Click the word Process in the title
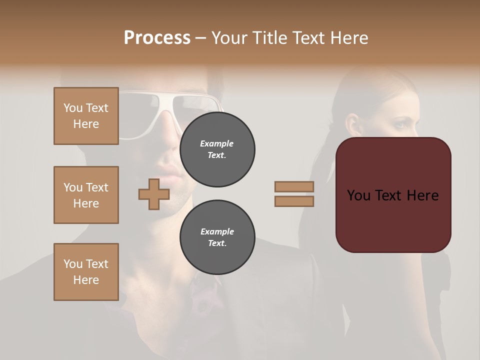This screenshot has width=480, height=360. pos(157,38)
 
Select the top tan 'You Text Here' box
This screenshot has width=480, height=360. pos(86,116)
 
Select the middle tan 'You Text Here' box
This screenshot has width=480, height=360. pos(86,195)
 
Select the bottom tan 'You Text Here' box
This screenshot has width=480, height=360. pos(86,272)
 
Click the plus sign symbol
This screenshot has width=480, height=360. pos(153,194)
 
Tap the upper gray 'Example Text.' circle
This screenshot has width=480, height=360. pos(217,149)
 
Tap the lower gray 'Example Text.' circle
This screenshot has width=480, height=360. pos(217,237)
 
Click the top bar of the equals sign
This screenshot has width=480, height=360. pos(294,186)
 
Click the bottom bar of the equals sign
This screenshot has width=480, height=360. pos(294,201)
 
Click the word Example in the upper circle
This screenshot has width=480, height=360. pos(216,143)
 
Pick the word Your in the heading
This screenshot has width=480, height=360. pos(228,38)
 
